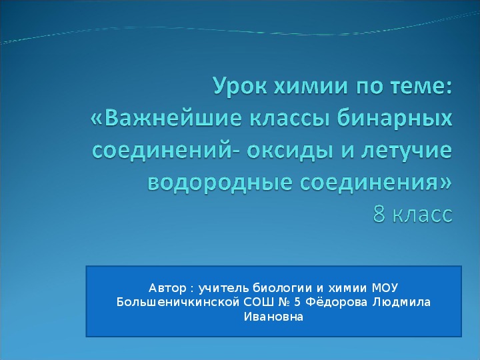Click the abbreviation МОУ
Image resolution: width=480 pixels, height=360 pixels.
385,288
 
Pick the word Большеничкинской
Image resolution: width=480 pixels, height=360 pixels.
177,302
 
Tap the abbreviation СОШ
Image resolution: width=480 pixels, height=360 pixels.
258,302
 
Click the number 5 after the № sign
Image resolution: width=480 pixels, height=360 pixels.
297,302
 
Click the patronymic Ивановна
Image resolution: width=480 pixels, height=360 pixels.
273,316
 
